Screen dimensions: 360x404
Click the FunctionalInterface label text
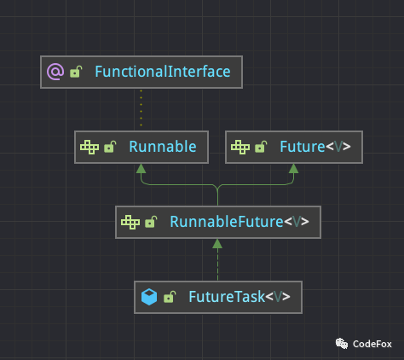point(163,72)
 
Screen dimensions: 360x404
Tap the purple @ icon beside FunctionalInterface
point(55,72)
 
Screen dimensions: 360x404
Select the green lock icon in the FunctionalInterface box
point(76,73)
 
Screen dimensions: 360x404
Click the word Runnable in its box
point(163,147)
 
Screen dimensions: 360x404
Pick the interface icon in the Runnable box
point(89,147)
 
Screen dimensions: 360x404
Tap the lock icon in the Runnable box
point(110,148)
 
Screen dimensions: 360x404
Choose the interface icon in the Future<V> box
point(240,147)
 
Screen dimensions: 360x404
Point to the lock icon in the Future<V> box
point(262,148)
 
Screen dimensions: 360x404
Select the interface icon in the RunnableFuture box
point(130,222)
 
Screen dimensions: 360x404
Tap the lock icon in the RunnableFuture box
point(151,223)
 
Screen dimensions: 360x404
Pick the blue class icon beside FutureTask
point(149,297)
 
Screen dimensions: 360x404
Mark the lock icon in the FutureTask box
point(170,298)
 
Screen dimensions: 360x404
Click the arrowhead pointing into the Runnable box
point(141,168)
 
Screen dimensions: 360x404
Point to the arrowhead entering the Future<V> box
point(293,168)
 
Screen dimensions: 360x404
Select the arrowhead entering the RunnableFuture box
point(217,244)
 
